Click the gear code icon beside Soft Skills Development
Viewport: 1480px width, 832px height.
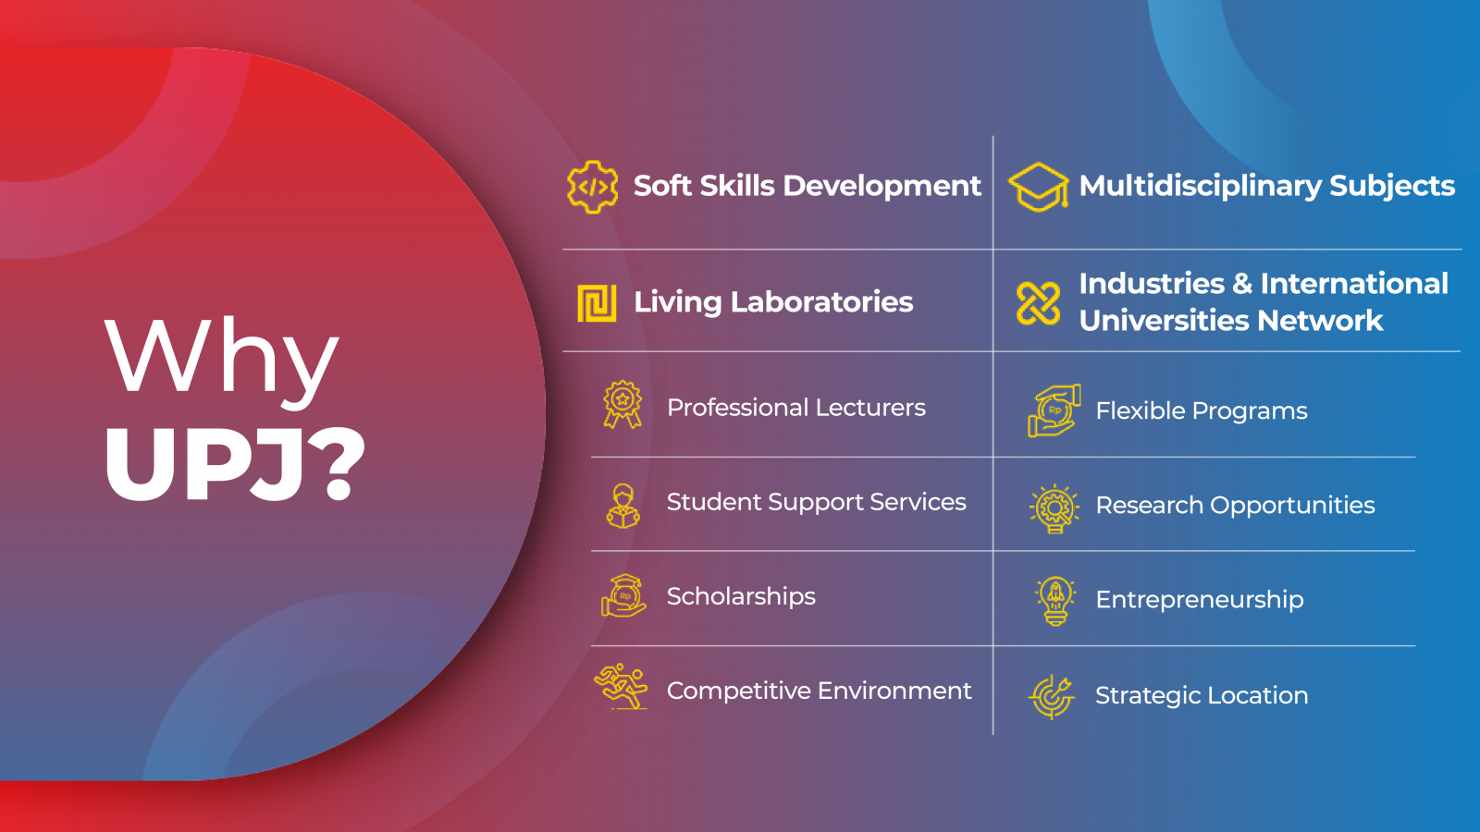593,187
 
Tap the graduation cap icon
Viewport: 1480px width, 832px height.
1039,187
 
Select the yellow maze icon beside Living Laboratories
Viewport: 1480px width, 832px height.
597,303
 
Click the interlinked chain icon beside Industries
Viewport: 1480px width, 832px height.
1039,303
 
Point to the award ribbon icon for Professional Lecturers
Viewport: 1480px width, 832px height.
623,404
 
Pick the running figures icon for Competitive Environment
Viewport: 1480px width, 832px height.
621,687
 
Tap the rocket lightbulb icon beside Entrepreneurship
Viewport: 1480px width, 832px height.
1055,600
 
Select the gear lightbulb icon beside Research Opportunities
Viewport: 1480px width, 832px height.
1054,508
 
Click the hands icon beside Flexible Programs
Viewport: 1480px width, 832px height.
1054,410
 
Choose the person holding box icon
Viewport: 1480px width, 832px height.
623,506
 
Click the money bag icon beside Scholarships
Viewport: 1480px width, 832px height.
623,595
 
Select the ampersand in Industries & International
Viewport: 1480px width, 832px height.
1242,284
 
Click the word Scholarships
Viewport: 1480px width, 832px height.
741,597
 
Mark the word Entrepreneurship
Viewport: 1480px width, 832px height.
1199,601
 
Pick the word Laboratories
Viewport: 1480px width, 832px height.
821,302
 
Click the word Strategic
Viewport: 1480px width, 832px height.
1145,696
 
